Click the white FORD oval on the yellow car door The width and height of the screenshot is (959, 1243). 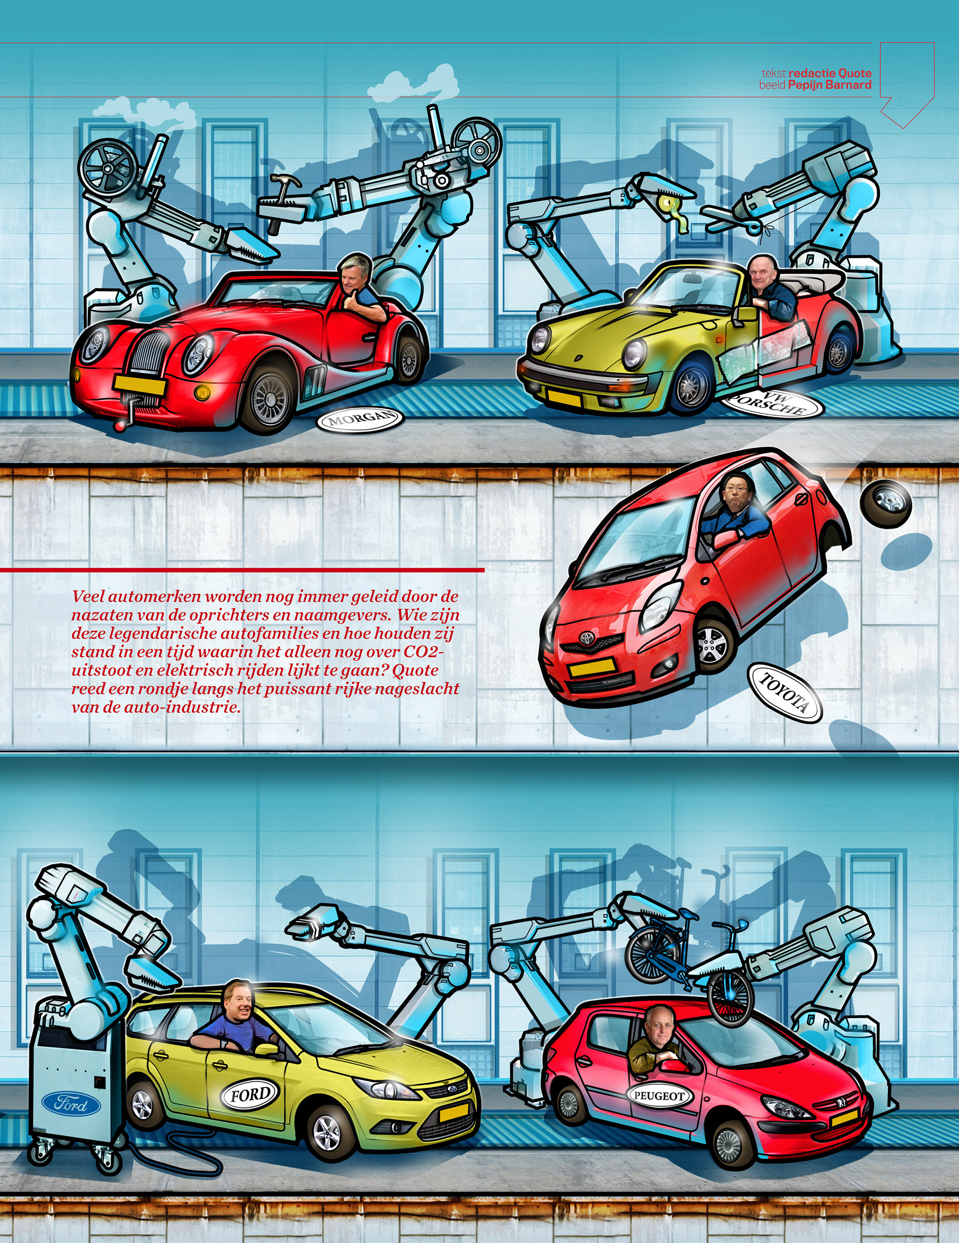[x=250, y=1094]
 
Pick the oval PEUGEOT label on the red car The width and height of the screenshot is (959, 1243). [x=660, y=1095]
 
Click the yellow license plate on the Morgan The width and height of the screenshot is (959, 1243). [x=139, y=385]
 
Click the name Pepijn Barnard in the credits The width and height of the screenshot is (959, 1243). [x=829, y=85]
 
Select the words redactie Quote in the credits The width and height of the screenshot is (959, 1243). [x=830, y=73]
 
